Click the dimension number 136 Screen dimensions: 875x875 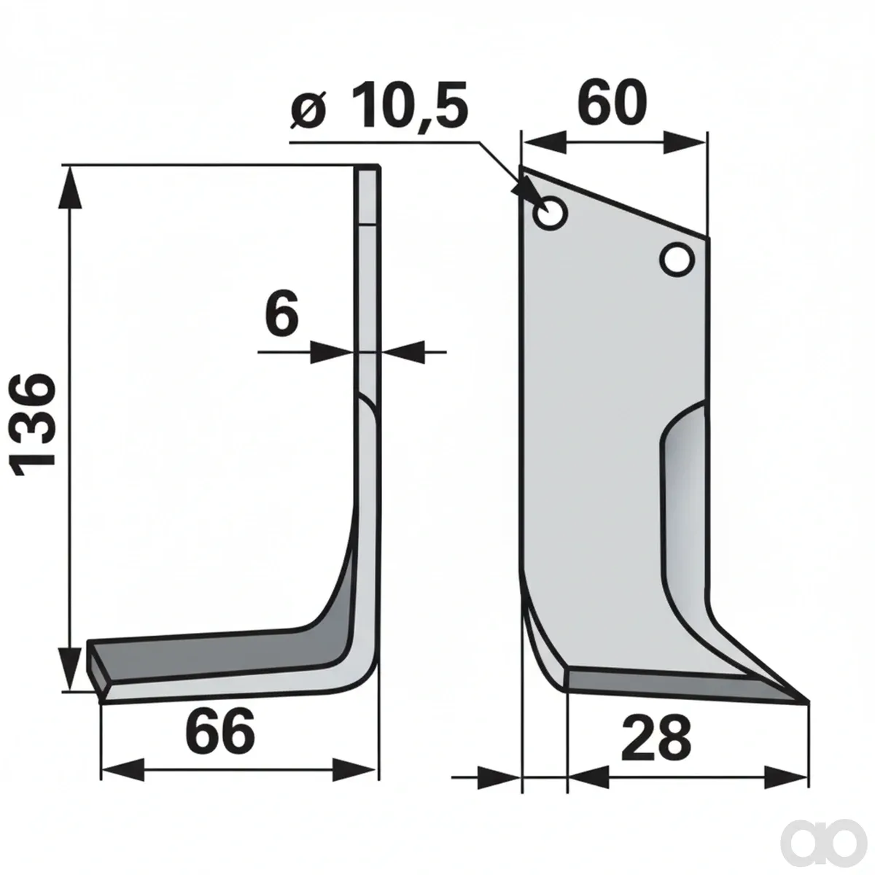point(33,425)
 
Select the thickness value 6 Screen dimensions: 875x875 point(281,311)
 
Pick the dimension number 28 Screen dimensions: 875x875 point(656,736)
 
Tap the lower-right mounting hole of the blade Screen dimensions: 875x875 point(677,260)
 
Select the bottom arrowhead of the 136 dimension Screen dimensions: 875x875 point(71,670)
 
